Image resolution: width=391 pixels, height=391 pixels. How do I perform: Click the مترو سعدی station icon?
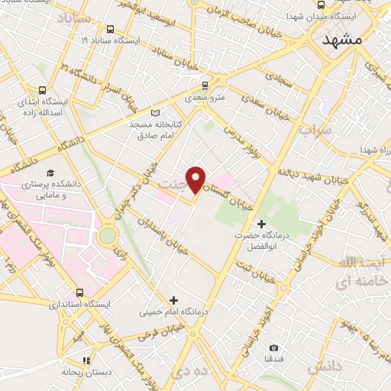pyautogui.click(x=204, y=85)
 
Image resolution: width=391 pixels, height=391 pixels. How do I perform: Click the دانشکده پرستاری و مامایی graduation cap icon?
pyautogui.click(x=50, y=172)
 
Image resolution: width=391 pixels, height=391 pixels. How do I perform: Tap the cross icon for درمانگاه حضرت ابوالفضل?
pyautogui.click(x=262, y=224)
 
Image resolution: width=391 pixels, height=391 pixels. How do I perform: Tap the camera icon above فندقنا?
pyautogui.click(x=274, y=348)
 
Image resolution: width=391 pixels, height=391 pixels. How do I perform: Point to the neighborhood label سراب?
pyautogui.click(x=315, y=131)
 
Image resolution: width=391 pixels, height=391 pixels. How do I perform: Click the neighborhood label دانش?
pyautogui.click(x=322, y=367)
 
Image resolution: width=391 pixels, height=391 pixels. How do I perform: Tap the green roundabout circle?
pyautogui.click(x=108, y=234)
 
